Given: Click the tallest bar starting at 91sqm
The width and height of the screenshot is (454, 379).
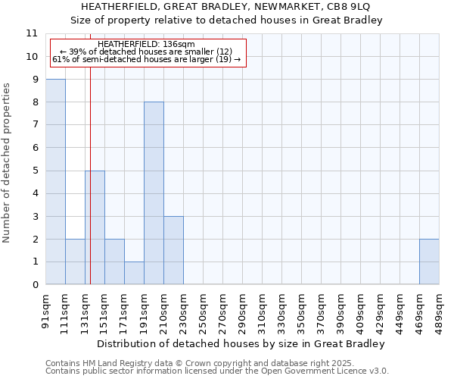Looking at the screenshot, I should click(x=55, y=182).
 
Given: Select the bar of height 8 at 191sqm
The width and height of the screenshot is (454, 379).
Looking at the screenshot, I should click(x=154, y=193).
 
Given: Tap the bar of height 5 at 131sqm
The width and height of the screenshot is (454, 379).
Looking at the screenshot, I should click(x=95, y=227).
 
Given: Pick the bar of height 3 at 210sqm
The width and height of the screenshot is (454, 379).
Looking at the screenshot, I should click(x=173, y=250).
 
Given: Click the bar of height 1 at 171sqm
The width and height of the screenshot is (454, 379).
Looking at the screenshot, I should click(x=134, y=273).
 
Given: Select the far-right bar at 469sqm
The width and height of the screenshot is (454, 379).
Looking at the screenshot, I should click(x=429, y=262).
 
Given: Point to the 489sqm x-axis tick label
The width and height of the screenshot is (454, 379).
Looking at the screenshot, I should click(x=439, y=312).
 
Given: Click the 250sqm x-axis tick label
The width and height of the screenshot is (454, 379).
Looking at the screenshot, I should click(x=203, y=312).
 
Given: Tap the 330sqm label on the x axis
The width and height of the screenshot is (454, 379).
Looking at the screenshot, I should click(x=281, y=312).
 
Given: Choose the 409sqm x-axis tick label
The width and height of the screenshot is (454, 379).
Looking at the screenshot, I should click(x=360, y=312).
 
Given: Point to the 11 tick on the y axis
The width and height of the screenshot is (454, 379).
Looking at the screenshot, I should click(x=32, y=33).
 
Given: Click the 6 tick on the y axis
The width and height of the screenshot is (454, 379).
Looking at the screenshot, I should click(x=34, y=148).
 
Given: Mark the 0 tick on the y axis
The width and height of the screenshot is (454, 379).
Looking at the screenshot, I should click(x=34, y=285).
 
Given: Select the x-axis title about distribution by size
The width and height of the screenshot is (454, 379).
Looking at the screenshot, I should click(x=242, y=343).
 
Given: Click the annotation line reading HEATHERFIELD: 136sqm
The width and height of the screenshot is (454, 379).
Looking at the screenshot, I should click(x=146, y=45).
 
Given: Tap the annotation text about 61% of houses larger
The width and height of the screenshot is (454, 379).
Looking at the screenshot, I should click(x=146, y=59).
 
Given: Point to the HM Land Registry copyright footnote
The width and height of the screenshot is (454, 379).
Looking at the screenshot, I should click(x=199, y=364).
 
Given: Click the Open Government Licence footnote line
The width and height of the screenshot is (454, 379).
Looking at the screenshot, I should click(x=217, y=371).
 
